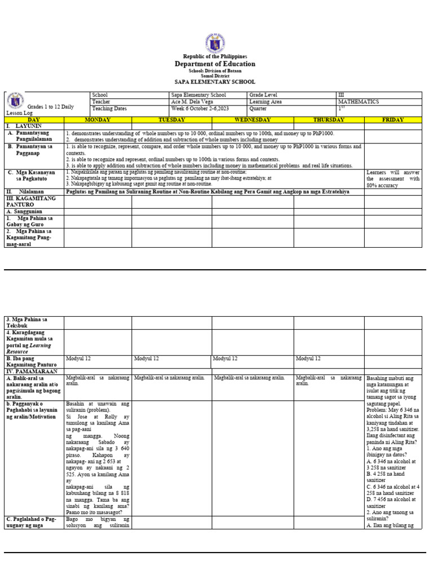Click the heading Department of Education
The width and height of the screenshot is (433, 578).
point(215,64)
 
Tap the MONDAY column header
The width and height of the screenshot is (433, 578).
point(98,120)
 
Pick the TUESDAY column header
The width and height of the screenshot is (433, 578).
point(171,120)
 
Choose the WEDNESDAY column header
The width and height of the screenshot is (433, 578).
point(253,120)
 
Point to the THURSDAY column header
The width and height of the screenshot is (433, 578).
point(329,120)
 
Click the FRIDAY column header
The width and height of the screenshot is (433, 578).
point(392,120)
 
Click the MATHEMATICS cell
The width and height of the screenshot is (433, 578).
point(359,102)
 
